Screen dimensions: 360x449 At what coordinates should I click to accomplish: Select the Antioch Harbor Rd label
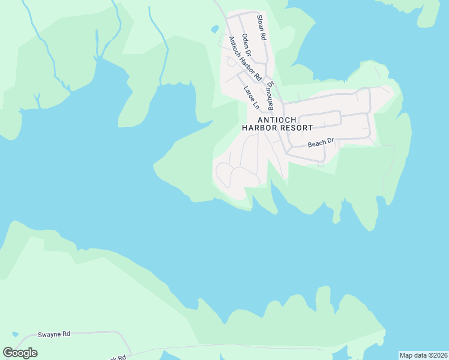click(x=244, y=59)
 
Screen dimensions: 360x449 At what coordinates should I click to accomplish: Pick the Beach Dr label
click(x=320, y=143)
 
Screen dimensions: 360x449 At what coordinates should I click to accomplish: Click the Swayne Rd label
click(x=54, y=334)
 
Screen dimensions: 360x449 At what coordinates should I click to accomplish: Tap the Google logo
click(x=20, y=353)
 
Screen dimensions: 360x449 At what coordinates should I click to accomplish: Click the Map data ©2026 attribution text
click(x=424, y=355)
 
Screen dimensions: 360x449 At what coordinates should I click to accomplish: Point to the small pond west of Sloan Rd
click(x=214, y=29)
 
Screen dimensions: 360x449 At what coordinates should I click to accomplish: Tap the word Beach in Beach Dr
click(x=316, y=144)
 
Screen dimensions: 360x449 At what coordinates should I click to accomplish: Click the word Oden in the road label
click(x=244, y=43)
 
